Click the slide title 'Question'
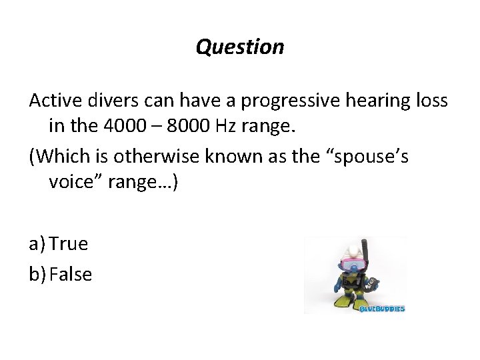[x=240, y=47]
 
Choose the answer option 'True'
[x=68, y=244]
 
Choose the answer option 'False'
[x=71, y=274]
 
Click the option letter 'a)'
[x=37, y=244]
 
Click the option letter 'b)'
[x=38, y=274]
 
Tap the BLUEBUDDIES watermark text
[x=381, y=309]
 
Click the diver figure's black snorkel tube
[x=365, y=253]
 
